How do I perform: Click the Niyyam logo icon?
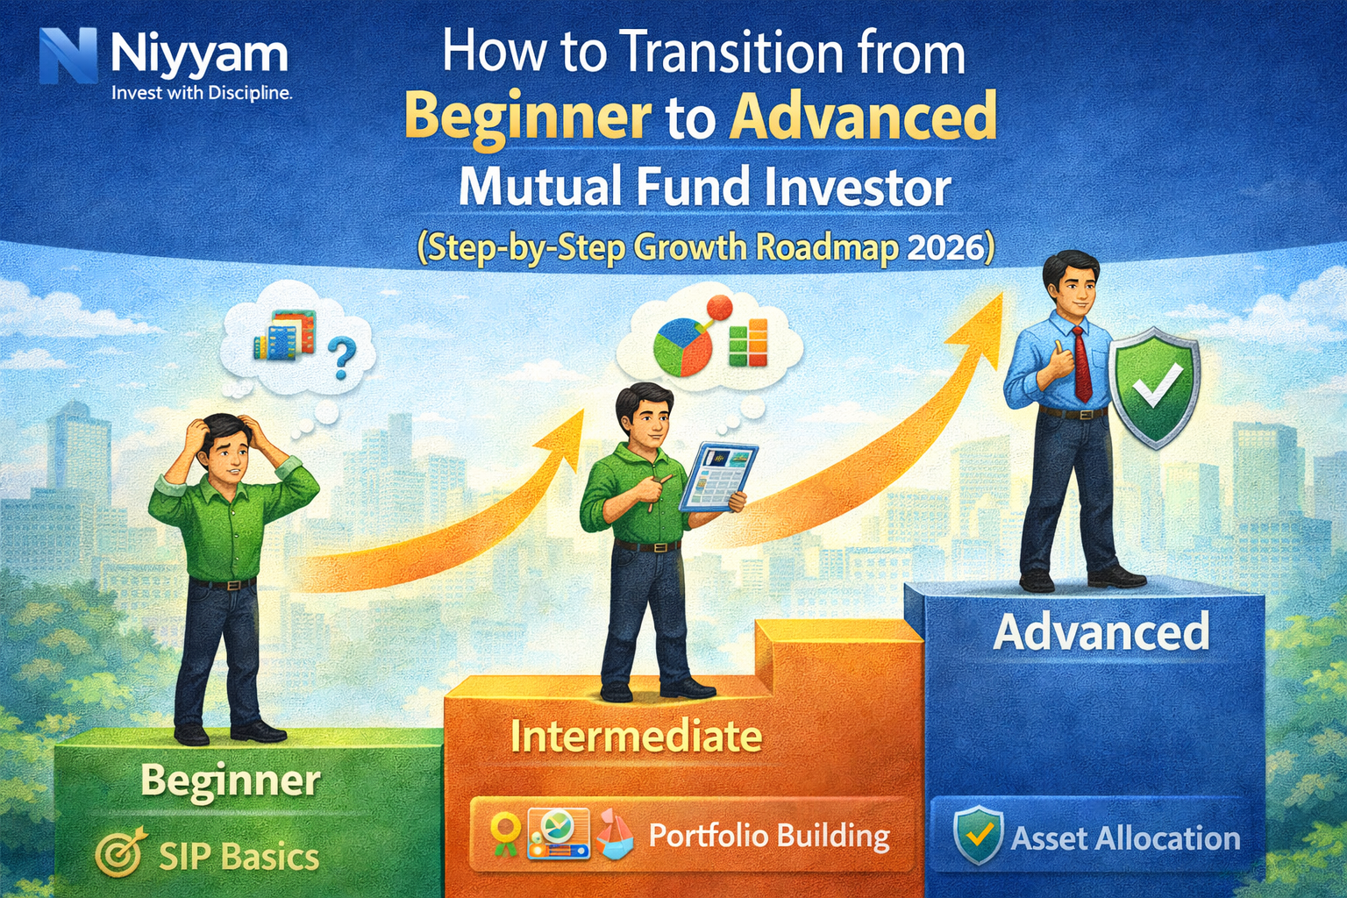click(x=68, y=56)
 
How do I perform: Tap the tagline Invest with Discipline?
click(x=202, y=93)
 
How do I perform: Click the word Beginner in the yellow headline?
click(x=527, y=117)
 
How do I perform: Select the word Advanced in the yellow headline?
click(x=864, y=117)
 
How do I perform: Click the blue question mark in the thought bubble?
click(x=342, y=358)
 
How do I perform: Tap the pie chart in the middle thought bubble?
click(x=682, y=346)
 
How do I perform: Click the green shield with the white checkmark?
click(x=1155, y=387)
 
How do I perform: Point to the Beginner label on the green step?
click(x=231, y=780)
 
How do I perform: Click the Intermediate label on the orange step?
click(x=636, y=736)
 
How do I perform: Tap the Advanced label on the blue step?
click(x=1101, y=631)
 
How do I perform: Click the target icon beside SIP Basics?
click(x=119, y=854)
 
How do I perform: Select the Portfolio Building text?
click(x=769, y=836)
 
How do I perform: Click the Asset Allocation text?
click(x=1126, y=838)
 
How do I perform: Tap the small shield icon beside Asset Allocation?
click(x=978, y=835)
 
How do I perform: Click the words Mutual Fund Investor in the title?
click(x=704, y=187)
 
